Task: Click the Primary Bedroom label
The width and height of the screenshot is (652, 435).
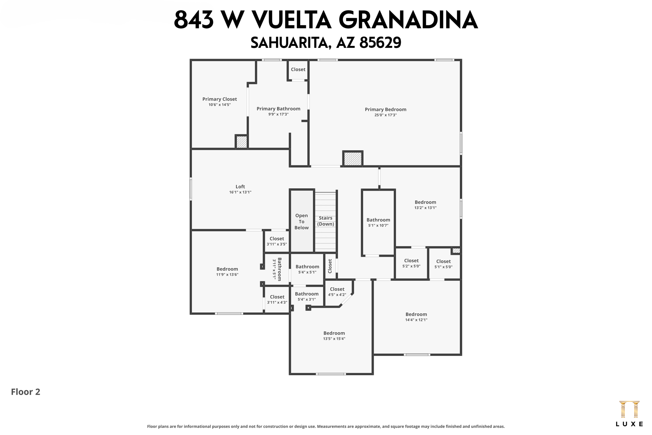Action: [385, 110]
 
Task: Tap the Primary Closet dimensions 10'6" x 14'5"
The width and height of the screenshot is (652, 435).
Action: [219, 105]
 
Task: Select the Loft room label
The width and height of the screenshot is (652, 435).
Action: [240, 187]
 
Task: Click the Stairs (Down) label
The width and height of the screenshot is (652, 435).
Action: [325, 221]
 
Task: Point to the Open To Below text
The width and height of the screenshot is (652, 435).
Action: [301, 221]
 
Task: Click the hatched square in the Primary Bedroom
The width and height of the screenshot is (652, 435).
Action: [353, 158]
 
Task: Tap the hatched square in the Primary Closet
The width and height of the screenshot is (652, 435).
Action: [242, 142]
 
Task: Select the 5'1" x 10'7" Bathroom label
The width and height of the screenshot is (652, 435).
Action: [378, 220]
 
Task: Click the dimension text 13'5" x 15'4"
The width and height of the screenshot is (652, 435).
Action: [334, 339]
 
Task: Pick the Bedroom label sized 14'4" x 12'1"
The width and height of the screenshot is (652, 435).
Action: [416, 314]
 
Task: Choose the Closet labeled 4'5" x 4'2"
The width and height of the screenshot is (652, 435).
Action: [337, 289]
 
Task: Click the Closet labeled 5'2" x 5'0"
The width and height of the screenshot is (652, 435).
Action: [411, 261]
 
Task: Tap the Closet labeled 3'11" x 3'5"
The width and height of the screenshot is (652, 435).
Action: [277, 239]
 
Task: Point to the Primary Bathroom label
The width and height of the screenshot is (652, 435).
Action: [278, 109]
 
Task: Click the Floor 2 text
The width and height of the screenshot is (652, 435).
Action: [25, 392]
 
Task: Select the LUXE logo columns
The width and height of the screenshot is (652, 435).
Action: [629, 410]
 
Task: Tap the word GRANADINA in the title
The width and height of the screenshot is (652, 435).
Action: [408, 20]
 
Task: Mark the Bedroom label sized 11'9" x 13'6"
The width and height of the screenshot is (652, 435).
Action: [227, 269]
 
